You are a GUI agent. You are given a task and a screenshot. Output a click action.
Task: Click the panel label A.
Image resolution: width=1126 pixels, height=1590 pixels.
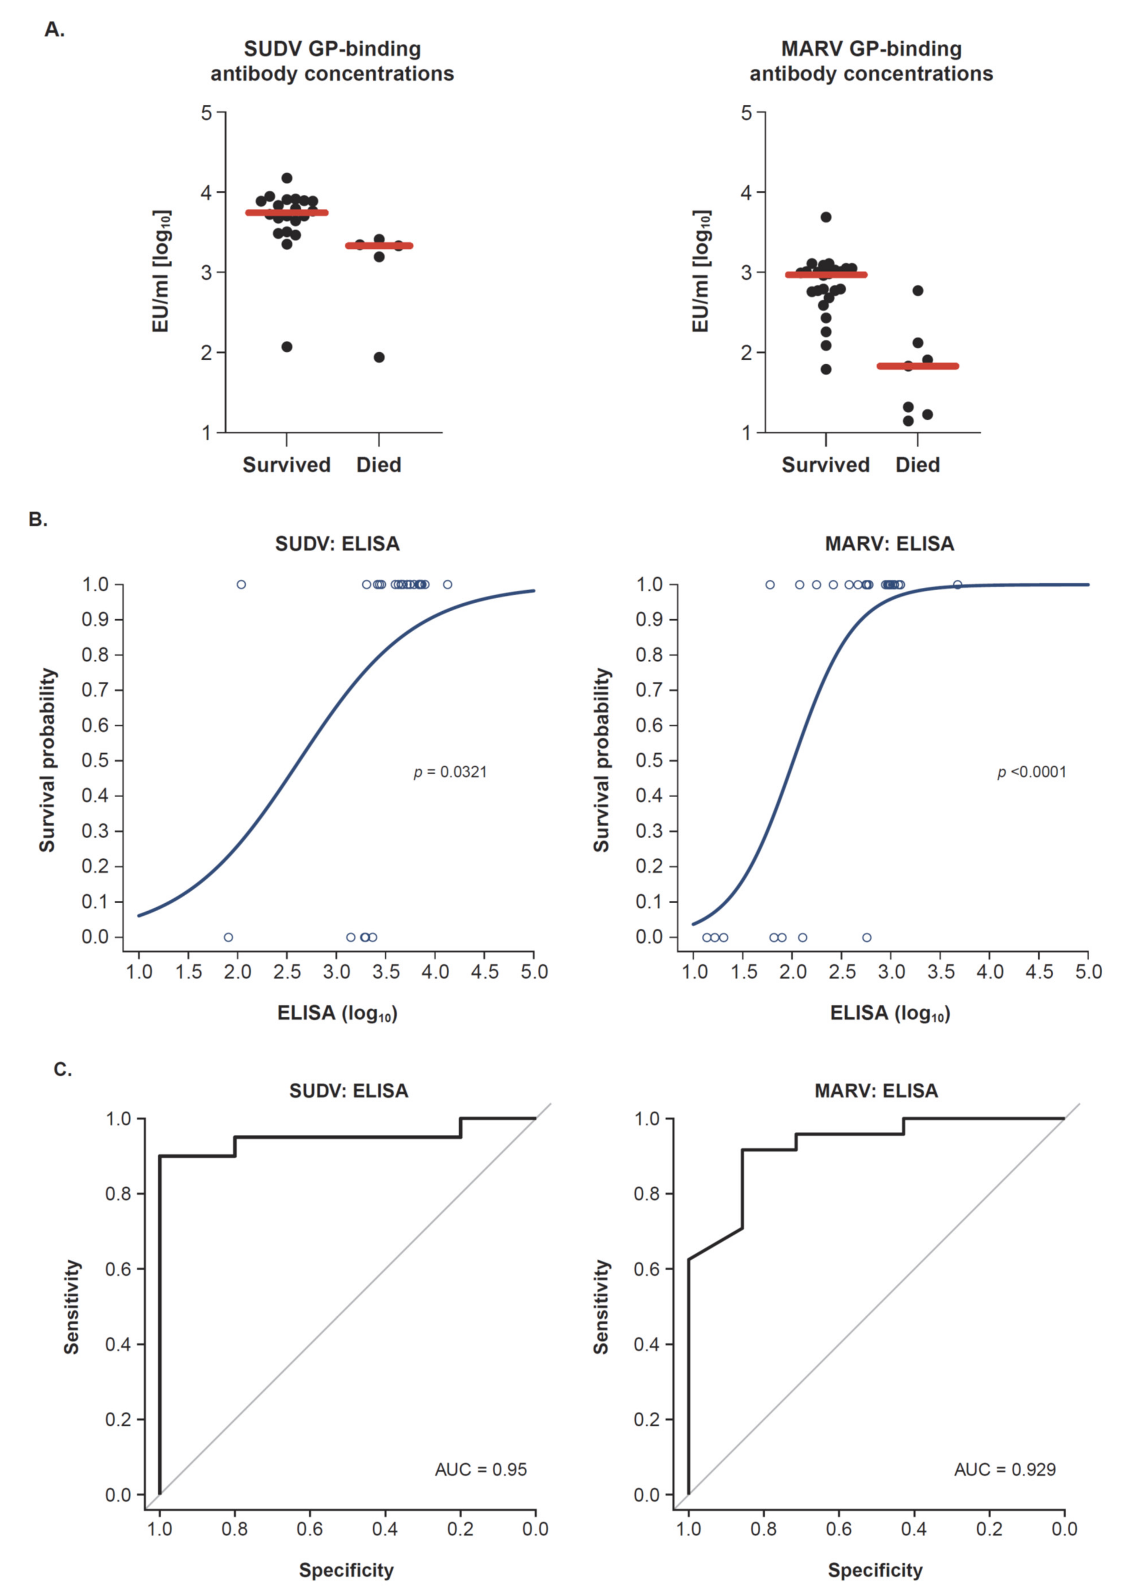[54, 30]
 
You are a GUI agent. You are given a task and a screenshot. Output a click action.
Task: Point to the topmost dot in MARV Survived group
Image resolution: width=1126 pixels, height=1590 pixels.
[826, 217]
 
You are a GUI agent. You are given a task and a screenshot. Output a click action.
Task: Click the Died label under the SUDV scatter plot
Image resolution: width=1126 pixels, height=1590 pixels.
[379, 465]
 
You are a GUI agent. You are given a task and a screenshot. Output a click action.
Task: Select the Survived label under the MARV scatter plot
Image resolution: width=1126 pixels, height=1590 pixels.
[825, 465]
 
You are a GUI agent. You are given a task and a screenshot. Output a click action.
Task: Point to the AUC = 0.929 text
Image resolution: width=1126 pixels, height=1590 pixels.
[1005, 1469]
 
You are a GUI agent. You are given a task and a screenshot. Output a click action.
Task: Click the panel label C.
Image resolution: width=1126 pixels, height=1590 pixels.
[62, 1070]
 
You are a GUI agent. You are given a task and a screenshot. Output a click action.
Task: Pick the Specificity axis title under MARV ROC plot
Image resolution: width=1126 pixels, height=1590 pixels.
[875, 1570]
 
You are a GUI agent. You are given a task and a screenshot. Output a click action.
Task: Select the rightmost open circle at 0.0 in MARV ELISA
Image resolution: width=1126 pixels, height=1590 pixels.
[867, 937]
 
